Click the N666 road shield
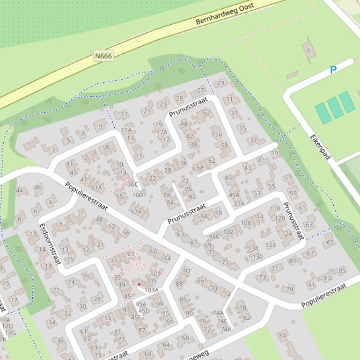pyautogui.click(x=103, y=56)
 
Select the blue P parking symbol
pyautogui.click(x=333, y=70)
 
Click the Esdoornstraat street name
pyautogui.click(x=50, y=243)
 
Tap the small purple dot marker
pyautogui.click(x=139, y=284)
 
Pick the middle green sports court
pyautogui.click(x=335, y=108)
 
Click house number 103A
pyautogui.click(x=151, y=290)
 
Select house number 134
pyautogui.click(x=253, y=248)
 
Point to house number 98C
pyautogui.click(x=214, y=237)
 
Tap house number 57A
pyautogui.click(x=136, y=212)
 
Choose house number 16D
pyautogui.click(x=137, y=195)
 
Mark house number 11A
pyautogui.click(x=126, y=130)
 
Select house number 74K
pyautogui.click(x=226, y=329)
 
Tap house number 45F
pyautogui.click(x=136, y=317)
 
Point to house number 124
pyautogui.click(x=287, y=233)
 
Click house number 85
pyautogui.click(x=342, y=271)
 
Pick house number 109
pyautogui.click(x=155, y=274)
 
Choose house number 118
pyautogui.click(x=275, y=209)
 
